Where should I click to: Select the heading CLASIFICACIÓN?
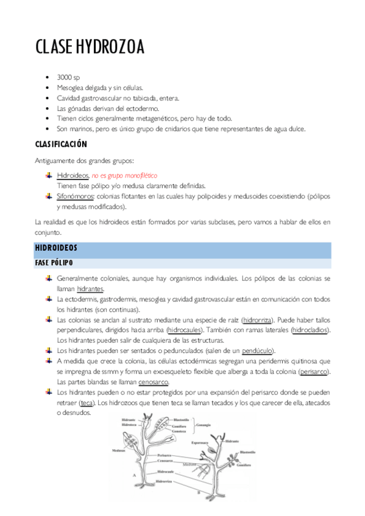[61, 144]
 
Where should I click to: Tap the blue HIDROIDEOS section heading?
[56, 248]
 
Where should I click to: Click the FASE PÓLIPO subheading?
[54, 263]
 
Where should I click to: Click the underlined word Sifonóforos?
[75, 197]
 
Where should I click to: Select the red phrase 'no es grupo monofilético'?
[124, 175]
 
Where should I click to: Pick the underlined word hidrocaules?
[185, 330]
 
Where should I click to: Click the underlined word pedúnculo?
[257, 350]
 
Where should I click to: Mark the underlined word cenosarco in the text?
[152, 382]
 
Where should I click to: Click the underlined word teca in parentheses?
[87, 403]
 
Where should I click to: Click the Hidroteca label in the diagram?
[129, 424]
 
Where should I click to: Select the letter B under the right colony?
[199, 492]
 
